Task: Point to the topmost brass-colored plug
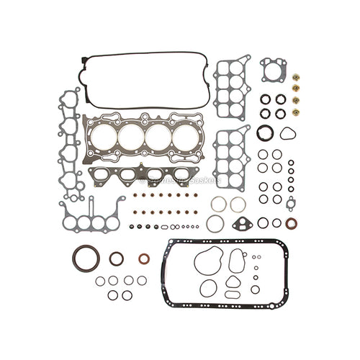(x=296, y=78)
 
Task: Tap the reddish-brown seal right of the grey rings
(x=291, y=223)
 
